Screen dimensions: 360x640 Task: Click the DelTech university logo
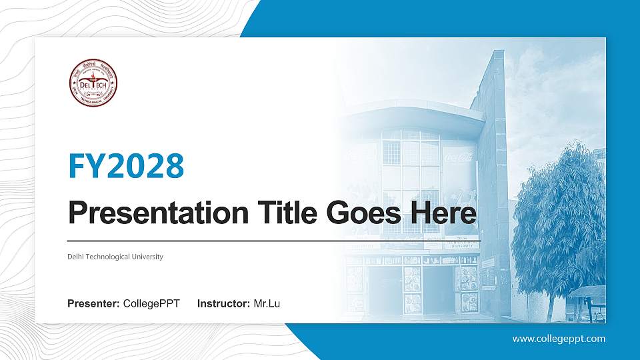click(x=93, y=83)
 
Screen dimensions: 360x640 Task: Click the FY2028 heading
click(x=126, y=166)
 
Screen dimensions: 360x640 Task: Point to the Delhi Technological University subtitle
click(x=115, y=257)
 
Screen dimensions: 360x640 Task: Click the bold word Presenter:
click(x=94, y=304)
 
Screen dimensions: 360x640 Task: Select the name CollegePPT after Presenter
click(x=151, y=304)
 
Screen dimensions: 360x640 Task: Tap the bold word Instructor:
click(x=224, y=304)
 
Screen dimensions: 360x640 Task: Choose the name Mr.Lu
click(x=267, y=304)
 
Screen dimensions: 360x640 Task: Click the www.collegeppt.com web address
click(x=559, y=339)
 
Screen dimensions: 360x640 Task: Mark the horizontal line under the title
click(x=273, y=241)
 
